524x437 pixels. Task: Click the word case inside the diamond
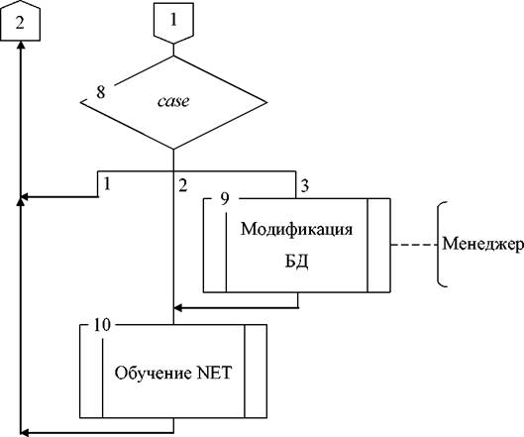click(173, 101)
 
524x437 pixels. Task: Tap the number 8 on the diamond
click(101, 92)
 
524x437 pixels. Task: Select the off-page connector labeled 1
click(173, 23)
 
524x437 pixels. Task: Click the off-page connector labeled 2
click(20, 21)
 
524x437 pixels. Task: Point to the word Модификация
click(297, 229)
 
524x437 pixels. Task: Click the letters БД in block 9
click(297, 262)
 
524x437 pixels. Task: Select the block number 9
click(225, 199)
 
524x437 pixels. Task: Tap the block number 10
click(102, 325)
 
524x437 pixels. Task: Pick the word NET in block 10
click(214, 373)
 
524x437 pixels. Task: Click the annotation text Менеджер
click(483, 244)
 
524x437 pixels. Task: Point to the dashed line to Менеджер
click(414, 245)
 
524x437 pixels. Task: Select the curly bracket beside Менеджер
click(439, 244)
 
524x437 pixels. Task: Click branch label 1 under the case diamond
click(107, 183)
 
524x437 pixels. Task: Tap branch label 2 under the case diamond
click(183, 185)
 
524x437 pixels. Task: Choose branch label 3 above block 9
click(305, 186)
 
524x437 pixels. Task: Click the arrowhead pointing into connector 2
click(21, 46)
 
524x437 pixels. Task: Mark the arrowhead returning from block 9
click(177, 307)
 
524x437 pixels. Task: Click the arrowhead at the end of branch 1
click(25, 196)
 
